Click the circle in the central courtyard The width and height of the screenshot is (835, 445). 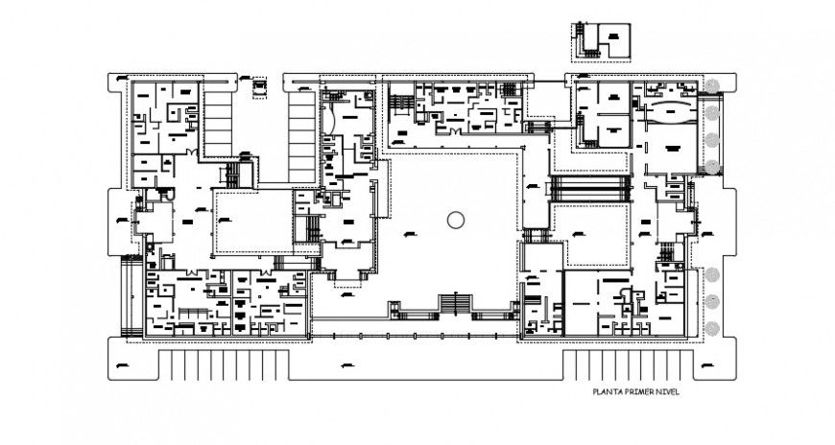point(455,219)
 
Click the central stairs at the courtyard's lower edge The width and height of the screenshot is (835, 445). point(455,305)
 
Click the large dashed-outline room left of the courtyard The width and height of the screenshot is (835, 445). point(253,222)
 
